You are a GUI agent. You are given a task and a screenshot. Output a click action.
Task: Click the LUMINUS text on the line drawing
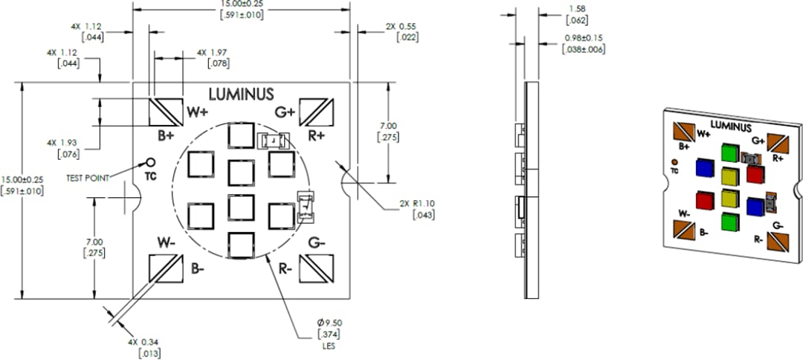(x=241, y=94)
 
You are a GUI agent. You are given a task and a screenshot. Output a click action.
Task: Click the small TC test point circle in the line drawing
(x=151, y=162)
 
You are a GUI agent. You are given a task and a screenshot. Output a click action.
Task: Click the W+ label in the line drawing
(x=197, y=112)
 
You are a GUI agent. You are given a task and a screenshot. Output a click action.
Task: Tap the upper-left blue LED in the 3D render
(x=703, y=167)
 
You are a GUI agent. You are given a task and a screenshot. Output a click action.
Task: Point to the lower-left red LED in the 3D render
(x=704, y=200)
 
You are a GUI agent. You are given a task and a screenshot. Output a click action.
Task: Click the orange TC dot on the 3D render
(x=674, y=161)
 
